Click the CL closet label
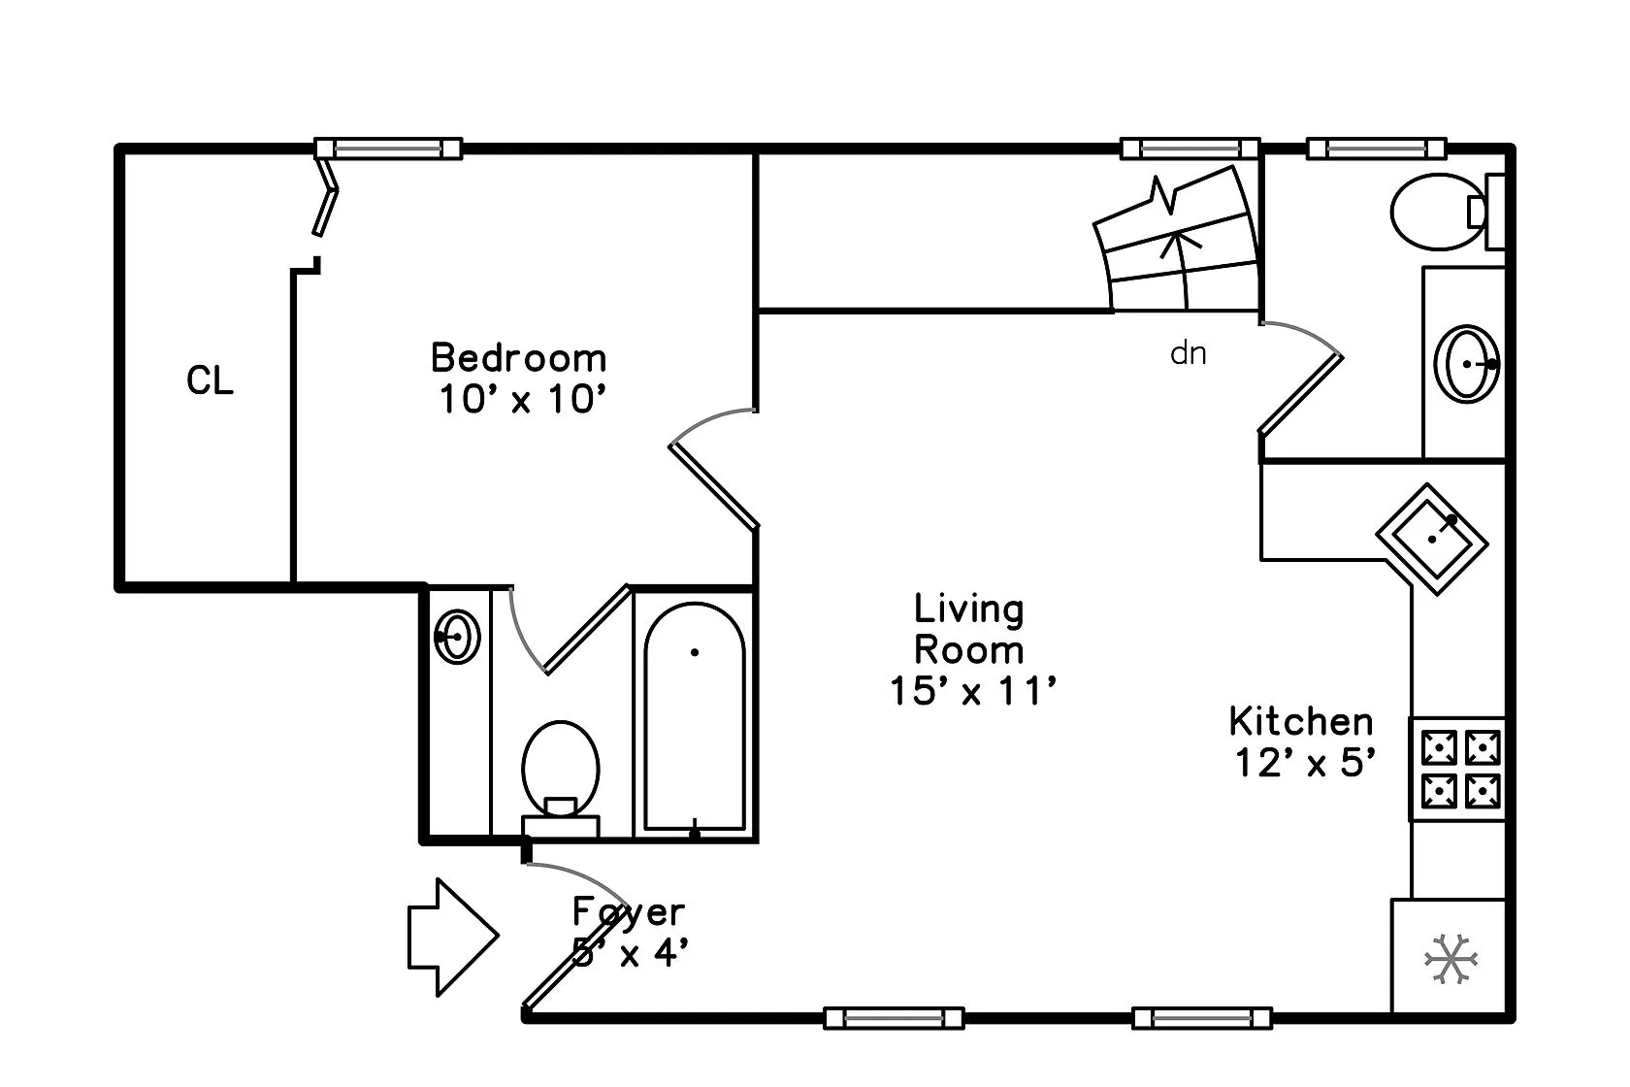tap(210, 380)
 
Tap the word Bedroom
tap(518, 358)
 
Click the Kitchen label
tap(1301, 721)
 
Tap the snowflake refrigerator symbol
tap(1451, 959)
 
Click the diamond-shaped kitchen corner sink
tap(1432, 540)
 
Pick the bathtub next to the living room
tap(695, 718)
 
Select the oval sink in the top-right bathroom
tap(1468, 363)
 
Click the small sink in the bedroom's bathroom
tap(457, 637)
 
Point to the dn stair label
tap(1188, 352)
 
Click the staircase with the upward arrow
tap(1180, 243)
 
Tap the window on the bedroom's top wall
tap(387, 148)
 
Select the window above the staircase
tap(1190, 148)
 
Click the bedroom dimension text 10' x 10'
tap(523, 400)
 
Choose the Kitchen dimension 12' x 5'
tap(1306, 763)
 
